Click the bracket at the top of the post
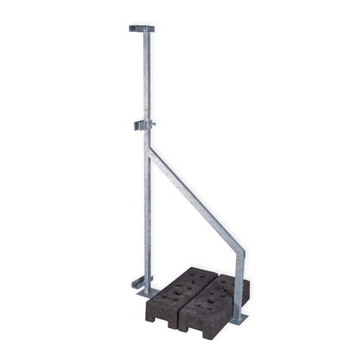[141, 28]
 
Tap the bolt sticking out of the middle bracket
[152, 125]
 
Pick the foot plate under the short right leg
[239, 318]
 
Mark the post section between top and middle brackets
[146, 75]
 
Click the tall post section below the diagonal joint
[147, 218]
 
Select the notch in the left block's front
[164, 315]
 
